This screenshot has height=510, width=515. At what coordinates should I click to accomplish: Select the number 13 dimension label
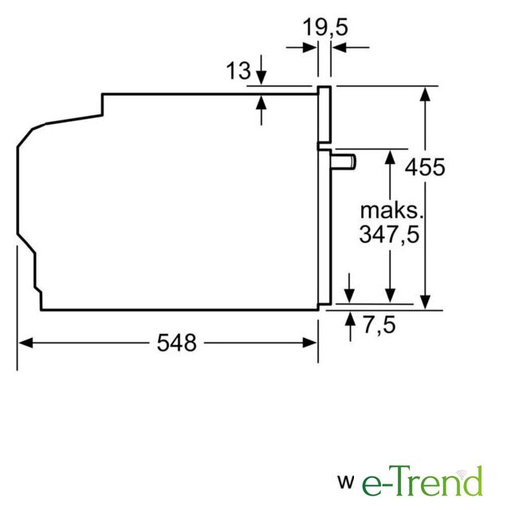tap(238, 70)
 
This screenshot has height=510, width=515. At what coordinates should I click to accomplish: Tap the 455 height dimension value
tap(425, 167)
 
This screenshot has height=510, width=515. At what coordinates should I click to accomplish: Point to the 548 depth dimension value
tap(177, 343)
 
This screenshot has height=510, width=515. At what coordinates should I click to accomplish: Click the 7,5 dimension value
tap(379, 325)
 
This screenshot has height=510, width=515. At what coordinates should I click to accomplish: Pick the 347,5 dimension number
tap(389, 234)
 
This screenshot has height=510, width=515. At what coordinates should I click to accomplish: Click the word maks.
tap(391, 211)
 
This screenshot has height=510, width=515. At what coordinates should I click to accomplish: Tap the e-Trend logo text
tap(422, 481)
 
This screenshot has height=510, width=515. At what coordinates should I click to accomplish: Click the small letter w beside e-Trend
tap(346, 482)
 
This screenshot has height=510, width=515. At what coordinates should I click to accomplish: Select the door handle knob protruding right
tap(344, 163)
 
